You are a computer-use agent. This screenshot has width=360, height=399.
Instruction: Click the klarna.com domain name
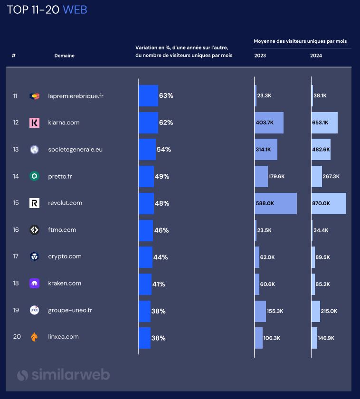point(64,123)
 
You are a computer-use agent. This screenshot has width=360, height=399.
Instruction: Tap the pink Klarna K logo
point(34,123)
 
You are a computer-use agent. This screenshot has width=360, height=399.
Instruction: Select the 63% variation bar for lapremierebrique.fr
point(148,95)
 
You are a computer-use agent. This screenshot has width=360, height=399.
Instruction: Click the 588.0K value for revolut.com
point(265,203)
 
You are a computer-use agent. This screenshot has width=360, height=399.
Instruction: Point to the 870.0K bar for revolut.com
point(329,203)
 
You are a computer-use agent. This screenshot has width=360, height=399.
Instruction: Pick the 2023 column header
point(260,56)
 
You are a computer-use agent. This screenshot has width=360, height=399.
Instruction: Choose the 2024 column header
point(316,56)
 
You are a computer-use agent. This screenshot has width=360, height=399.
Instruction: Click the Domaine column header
point(64,56)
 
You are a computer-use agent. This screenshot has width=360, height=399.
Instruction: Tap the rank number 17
point(16,256)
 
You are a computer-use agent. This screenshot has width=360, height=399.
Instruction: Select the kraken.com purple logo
point(34,284)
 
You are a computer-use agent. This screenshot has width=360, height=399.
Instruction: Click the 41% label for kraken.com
point(159,284)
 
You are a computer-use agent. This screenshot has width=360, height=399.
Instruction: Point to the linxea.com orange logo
point(34,337)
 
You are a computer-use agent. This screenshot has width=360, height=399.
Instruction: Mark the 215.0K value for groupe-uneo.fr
point(329,311)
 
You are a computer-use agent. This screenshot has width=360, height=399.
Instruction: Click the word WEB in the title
point(75,9)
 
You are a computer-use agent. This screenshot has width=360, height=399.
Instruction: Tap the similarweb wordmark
point(64,375)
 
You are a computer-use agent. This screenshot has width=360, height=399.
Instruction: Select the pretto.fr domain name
point(60,176)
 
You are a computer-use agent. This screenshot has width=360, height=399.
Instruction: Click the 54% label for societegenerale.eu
point(164,150)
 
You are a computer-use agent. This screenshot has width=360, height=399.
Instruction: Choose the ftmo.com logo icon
point(34,230)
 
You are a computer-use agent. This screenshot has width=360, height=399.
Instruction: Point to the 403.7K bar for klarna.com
point(269,123)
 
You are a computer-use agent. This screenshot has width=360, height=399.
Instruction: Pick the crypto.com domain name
point(65,256)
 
